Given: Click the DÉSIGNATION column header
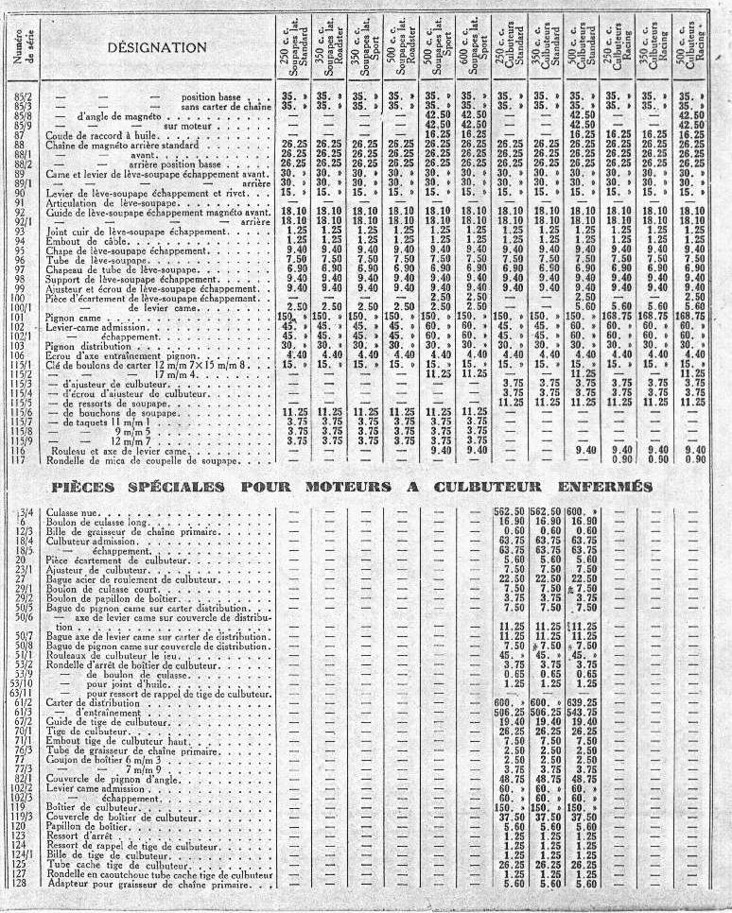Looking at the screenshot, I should (156, 47).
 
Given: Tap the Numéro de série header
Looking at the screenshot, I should (22, 47).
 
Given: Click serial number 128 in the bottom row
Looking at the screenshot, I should (21, 884).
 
